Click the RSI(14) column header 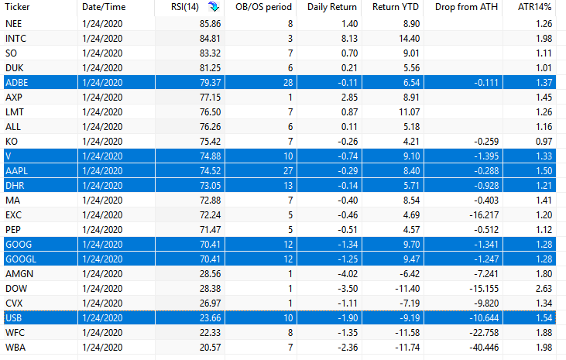(x=185, y=7)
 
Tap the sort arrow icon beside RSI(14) (x=214, y=6)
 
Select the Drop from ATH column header (x=466, y=7)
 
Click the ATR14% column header (x=534, y=7)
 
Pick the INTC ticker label (x=16, y=38)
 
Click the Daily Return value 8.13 (x=349, y=38)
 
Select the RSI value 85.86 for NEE (x=210, y=24)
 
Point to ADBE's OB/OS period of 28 (x=288, y=83)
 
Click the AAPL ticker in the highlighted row (x=16, y=171)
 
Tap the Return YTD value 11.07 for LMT (x=410, y=112)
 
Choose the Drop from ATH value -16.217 (x=484, y=215)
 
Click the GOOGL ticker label (x=21, y=259)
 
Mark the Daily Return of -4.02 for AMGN (x=348, y=274)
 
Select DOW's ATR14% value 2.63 (x=544, y=289)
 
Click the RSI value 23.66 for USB (x=210, y=318)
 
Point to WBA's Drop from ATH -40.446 (x=484, y=348)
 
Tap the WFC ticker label (x=15, y=333)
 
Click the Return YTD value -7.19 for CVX (x=410, y=303)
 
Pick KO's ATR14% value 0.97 (x=544, y=142)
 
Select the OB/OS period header (x=263, y=7)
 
